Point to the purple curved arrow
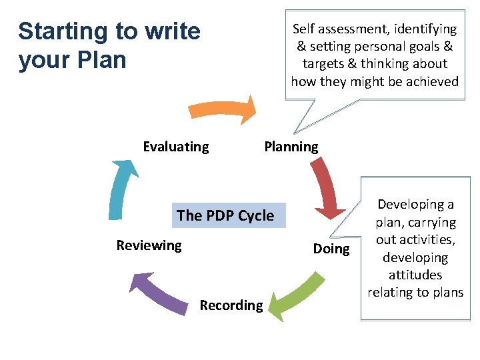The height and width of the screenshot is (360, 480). coord(157,294)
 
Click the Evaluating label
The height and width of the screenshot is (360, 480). coord(176,147)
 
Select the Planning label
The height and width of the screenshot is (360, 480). coord(291,147)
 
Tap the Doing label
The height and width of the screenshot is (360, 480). coord(331,249)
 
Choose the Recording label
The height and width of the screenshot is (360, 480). coord(231,305)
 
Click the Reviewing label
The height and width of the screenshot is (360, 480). coord(149,245)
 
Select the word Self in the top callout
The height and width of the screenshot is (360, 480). coord(304,29)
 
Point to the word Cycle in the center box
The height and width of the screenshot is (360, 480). coord(256,215)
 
